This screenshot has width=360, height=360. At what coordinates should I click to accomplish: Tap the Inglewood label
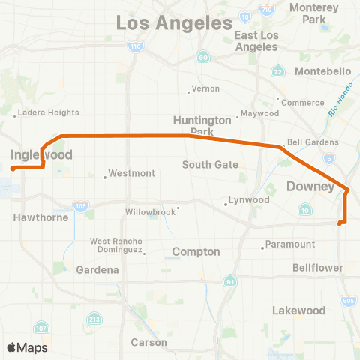(x=41, y=155)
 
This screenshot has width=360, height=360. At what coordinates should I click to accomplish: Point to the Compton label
(x=196, y=252)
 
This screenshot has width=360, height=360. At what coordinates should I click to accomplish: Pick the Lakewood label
(x=299, y=310)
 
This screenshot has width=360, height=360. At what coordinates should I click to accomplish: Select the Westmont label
(x=131, y=173)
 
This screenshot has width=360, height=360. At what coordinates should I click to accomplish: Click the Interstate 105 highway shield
(x=80, y=205)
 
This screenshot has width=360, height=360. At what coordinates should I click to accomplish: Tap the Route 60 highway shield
(x=202, y=57)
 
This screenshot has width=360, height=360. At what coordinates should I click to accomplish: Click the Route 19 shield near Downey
(x=304, y=212)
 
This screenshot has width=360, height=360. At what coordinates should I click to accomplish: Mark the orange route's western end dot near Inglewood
(x=13, y=169)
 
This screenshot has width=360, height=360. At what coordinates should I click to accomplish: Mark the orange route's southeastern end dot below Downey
(x=340, y=223)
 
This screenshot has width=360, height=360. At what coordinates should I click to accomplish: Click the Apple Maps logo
(x=27, y=346)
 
